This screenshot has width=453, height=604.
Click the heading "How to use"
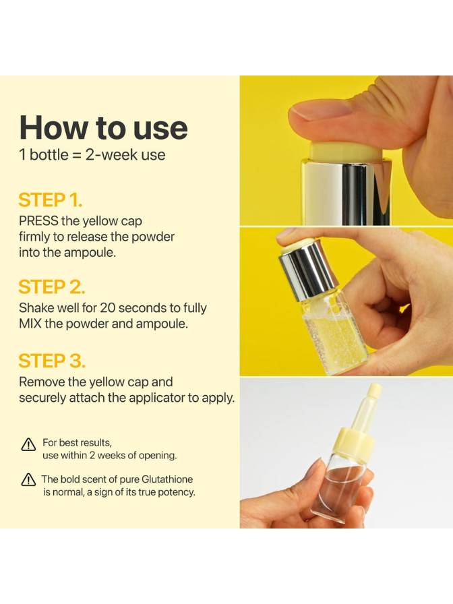pyautogui.click(x=104, y=127)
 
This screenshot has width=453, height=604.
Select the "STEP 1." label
pyautogui.click(x=50, y=200)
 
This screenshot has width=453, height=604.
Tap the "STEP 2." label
pyautogui.click(x=52, y=287)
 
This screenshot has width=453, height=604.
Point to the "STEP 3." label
pyautogui.click(x=52, y=361)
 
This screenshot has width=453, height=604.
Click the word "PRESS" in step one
pyautogui.click(x=38, y=221)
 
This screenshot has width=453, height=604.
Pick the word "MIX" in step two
pyautogui.click(x=30, y=324)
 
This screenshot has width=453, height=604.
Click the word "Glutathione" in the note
pyautogui.click(x=167, y=479)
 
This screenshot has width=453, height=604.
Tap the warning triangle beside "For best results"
pyautogui.click(x=28, y=444)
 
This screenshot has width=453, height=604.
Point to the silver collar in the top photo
pyautogui.click(x=346, y=191)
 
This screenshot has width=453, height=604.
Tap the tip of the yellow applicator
pyautogui.click(x=374, y=387)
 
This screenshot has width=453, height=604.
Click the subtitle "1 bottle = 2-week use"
pyautogui.click(x=92, y=155)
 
